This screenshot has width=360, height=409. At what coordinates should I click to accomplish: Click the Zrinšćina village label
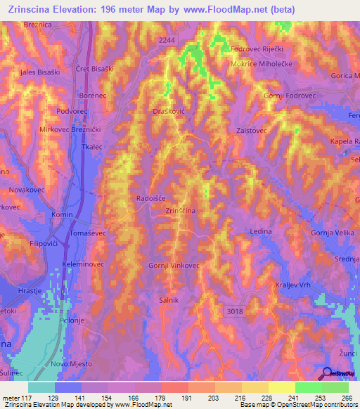coord(180,210)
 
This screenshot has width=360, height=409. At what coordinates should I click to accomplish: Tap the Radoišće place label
coord(151,198)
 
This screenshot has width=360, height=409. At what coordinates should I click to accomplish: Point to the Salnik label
coord(167,299)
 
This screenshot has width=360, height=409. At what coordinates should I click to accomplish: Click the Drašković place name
coord(168,111)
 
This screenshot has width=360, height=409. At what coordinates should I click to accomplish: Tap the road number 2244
coord(167,41)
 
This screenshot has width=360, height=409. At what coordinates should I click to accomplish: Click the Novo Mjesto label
coord(70,363)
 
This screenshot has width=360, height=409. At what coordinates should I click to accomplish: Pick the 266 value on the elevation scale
coord(345,397)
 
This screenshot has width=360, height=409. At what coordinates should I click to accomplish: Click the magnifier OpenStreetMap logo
coord(325,372)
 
